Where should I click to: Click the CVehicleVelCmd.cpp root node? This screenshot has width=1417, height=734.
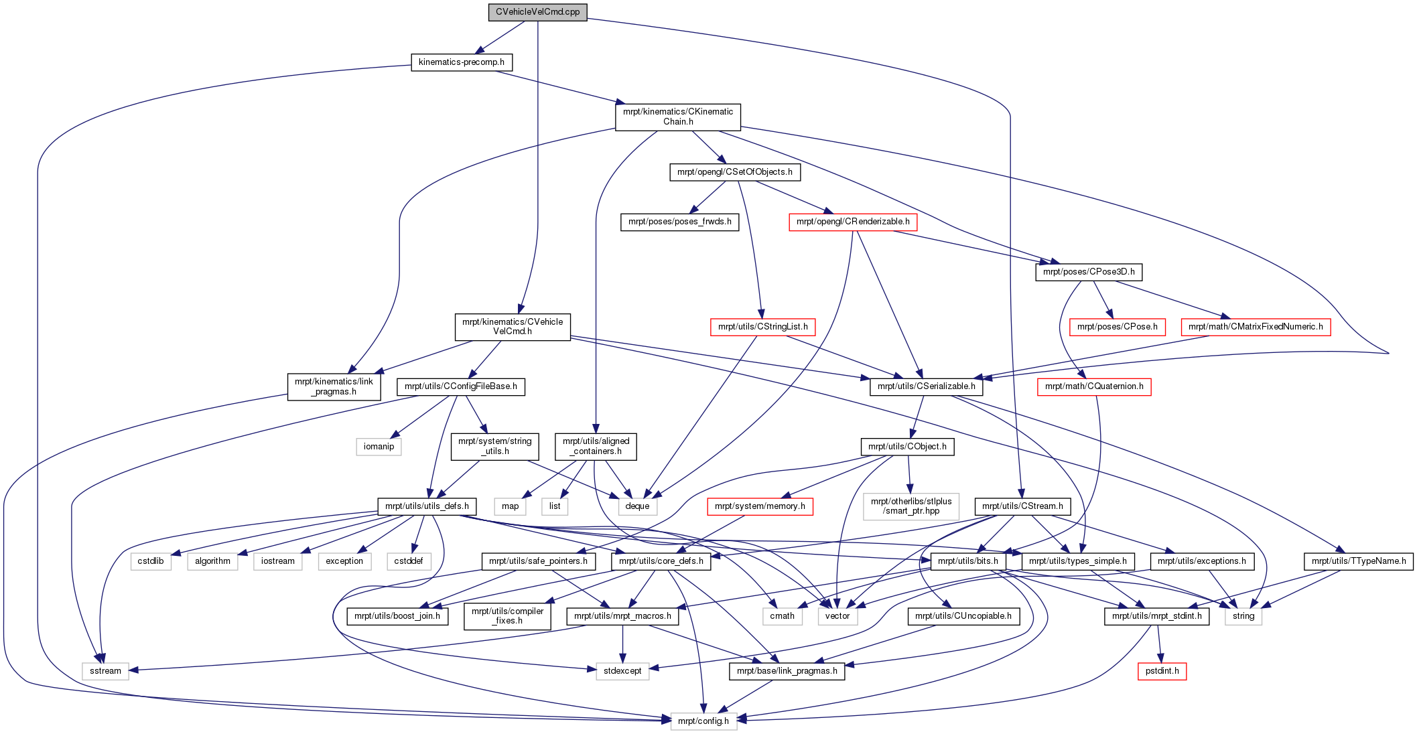pyautogui.click(x=537, y=12)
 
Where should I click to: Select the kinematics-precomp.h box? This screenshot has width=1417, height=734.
pyautogui.click(x=462, y=62)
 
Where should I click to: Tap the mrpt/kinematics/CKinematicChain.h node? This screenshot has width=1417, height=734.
pyautogui.click(x=678, y=117)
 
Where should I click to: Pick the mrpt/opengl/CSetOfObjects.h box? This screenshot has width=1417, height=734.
pyautogui.click(x=735, y=172)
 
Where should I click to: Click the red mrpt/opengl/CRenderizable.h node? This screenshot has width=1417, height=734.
pyautogui.click(x=853, y=222)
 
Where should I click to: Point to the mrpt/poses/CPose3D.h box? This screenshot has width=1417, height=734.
pyautogui.click(x=1089, y=272)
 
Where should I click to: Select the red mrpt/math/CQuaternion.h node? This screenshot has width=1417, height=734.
pyautogui.click(x=1094, y=386)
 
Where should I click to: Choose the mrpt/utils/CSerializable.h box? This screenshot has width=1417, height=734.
pyautogui.click(x=927, y=386)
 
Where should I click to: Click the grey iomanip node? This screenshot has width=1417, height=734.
pyautogui.click(x=379, y=447)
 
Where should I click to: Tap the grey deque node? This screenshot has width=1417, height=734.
pyautogui.click(x=637, y=506)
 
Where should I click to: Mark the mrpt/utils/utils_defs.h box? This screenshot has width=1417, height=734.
pyautogui.click(x=427, y=506)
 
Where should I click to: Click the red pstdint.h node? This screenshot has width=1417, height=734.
pyautogui.click(x=1162, y=671)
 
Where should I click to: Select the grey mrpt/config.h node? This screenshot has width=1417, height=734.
pyautogui.click(x=703, y=721)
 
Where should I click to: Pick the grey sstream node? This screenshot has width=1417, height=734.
pyautogui.click(x=106, y=671)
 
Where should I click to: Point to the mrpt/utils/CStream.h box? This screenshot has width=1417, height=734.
pyautogui.click(x=1022, y=506)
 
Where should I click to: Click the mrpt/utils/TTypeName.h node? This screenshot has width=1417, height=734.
pyautogui.click(x=1359, y=561)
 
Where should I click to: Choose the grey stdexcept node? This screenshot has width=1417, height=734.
pyautogui.click(x=622, y=671)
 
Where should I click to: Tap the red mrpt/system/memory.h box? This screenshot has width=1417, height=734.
pyautogui.click(x=760, y=506)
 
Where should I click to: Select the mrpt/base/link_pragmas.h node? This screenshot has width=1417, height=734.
pyautogui.click(x=787, y=671)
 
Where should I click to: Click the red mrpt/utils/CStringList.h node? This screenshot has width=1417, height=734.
pyautogui.click(x=763, y=327)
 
